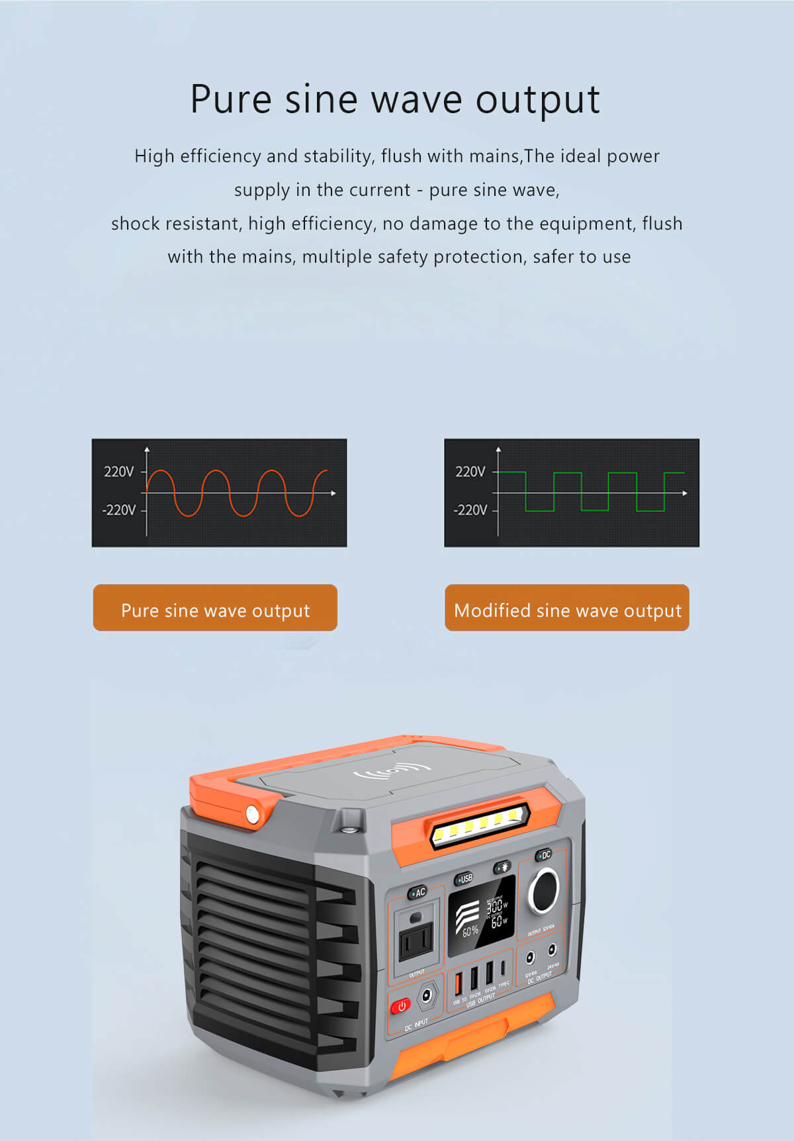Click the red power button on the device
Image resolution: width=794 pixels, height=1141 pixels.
click(x=400, y=1006)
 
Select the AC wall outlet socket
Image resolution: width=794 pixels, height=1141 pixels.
click(x=416, y=938)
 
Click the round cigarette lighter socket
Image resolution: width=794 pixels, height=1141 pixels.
click(x=543, y=891)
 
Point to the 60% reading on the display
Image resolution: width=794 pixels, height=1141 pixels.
click(x=470, y=931)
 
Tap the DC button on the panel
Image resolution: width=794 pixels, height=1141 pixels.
click(x=544, y=855)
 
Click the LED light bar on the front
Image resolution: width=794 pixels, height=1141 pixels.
click(x=480, y=825)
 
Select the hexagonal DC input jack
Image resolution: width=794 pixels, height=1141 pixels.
click(x=427, y=995)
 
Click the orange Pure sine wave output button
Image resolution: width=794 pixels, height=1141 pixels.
click(x=215, y=608)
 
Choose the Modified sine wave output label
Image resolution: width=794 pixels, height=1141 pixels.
click(x=567, y=608)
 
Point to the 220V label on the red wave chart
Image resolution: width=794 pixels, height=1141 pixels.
click(x=118, y=472)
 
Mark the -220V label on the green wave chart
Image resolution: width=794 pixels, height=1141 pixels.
click(x=470, y=510)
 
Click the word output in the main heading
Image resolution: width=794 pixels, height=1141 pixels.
click(x=537, y=101)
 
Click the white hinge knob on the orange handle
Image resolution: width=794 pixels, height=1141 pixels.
click(x=252, y=814)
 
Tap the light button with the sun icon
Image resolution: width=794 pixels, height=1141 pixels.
click(x=502, y=867)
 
